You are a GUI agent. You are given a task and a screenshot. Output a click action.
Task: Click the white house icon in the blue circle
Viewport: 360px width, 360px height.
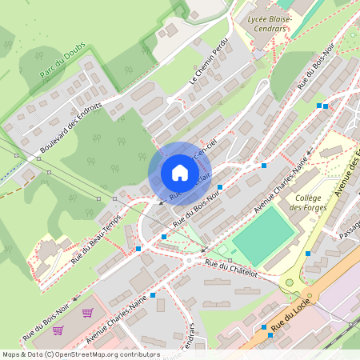click(x=180, y=173)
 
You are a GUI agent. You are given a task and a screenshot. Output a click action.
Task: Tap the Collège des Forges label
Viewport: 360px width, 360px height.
click(x=307, y=202)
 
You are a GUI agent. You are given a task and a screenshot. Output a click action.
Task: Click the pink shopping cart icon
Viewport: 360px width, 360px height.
click(x=87, y=312)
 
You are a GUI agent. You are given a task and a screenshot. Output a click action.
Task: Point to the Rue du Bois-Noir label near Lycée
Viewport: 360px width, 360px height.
click(x=316, y=74)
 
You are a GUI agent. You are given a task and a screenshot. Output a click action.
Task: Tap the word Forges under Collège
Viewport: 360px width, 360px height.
click(x=307, y=208)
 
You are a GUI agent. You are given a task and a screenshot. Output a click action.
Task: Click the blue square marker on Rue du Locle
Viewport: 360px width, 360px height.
click(x=264, y=327)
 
